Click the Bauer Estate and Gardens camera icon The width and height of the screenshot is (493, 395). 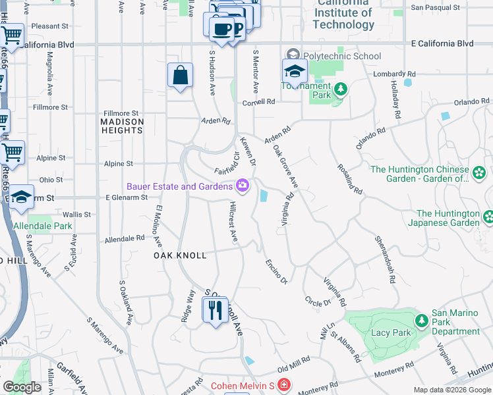click(243, 186)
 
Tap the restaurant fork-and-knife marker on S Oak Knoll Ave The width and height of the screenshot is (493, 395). click(214, 309)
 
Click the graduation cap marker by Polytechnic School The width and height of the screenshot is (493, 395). click(295, 71)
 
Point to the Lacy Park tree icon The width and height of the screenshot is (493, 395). click(422, 321)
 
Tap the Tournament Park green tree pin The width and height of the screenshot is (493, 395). click(340, 90)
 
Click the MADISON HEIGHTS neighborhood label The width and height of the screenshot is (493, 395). click(122, 126)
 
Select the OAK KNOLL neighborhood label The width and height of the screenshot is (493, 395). click(180, 255)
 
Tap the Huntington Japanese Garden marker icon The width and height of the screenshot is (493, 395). click(488, 217)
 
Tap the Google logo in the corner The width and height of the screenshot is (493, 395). click(22, 387)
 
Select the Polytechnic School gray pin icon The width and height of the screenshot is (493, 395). click(292, 56)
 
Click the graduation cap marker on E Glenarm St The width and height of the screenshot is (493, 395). click(21, 197)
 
